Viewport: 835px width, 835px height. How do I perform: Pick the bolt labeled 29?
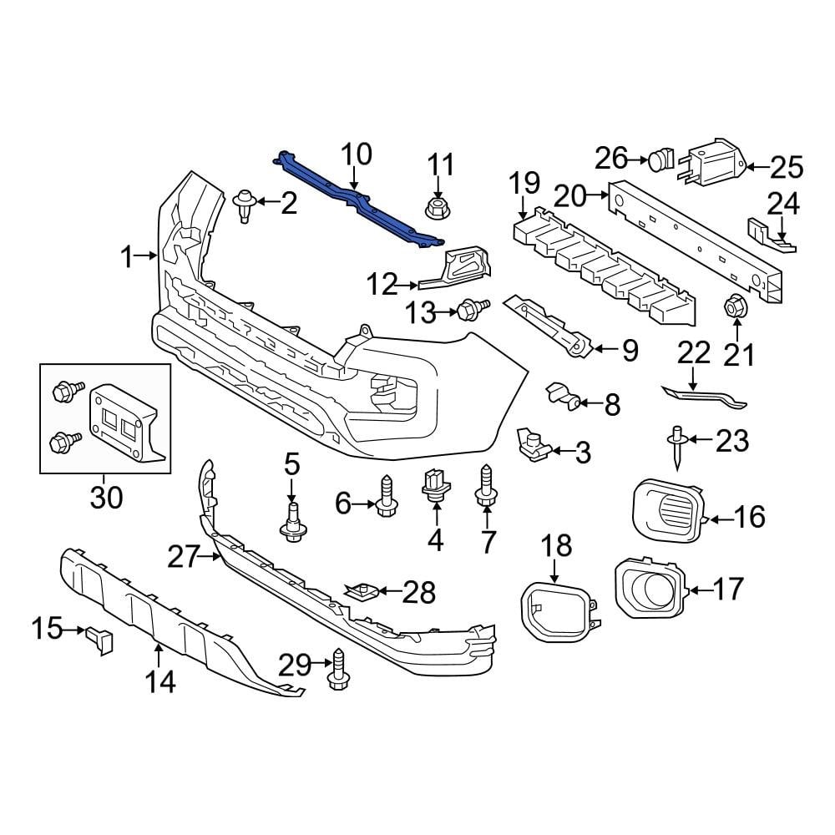pyautogui.click(x=338, y=670)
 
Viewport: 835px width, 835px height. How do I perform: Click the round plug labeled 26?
pyautogui.click(x=662, y=157)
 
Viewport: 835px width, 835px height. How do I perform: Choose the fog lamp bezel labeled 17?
pyautogui.click(x=649, y=590)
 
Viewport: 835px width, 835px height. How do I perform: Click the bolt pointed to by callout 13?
pyautogui.click(x=469, y=310)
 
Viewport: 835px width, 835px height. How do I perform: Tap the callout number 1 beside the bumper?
pyautogui.click(x=127, y=257)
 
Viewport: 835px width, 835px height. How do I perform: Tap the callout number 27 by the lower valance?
pyautogui.click(x=186, y=557)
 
